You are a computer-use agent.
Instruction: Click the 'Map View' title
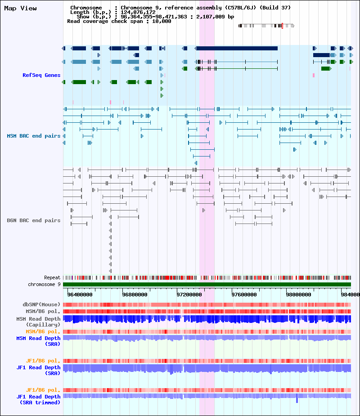pos(20,8)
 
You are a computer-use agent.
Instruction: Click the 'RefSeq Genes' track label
pos(41,75)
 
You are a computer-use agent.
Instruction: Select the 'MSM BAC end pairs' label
pos(34,136)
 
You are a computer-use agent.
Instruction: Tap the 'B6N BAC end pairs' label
pos(34,220)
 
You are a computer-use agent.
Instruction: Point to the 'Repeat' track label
pos(52,277)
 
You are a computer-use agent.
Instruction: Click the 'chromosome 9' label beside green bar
pos(45,284)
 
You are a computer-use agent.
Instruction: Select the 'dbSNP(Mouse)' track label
pos(41,304)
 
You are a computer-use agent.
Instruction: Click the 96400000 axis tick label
pos(80,295)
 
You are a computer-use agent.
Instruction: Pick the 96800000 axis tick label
pos(135,295)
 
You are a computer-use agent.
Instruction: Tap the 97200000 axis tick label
pos(189,295)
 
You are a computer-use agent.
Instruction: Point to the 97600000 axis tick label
pos(244,295)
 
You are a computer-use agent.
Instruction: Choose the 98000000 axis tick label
pos(299,295)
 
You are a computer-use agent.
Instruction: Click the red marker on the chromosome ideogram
pos(282,26)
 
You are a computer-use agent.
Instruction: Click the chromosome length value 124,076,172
pos(138,12)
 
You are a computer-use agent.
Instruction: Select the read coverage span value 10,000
pos(162,21)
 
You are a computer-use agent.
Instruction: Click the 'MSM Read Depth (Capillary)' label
pos(39,322)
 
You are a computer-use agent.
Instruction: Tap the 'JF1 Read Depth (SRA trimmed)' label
pos(39,399)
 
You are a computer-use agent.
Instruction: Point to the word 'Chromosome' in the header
pos(86,8)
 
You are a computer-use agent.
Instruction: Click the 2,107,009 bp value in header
pos(215,17)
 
